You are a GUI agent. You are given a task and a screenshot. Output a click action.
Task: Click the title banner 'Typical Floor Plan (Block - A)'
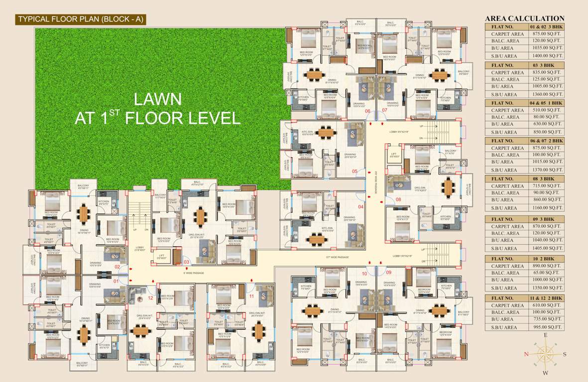[x=82, y=19]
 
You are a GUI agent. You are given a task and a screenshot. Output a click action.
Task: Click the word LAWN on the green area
[x=157, y=99]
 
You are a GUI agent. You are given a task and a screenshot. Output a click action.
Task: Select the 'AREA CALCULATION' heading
[x=525, y=19]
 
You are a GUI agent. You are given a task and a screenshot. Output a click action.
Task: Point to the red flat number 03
[x=186, y=262]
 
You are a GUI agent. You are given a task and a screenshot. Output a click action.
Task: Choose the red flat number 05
[x=354, y=171]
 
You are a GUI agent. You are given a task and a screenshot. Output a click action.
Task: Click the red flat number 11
[x=251, y=296]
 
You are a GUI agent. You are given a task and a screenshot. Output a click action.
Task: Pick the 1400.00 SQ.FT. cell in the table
[x=546, y=56]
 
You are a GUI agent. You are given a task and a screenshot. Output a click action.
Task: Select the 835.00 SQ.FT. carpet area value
[x=546, y=72]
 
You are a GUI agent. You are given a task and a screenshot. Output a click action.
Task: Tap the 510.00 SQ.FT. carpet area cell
[x=546, y=110]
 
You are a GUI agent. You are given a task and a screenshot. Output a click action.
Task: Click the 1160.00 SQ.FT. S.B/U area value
[x=546, y=207]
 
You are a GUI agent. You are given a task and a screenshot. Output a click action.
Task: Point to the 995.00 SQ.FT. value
[x=546, y=327]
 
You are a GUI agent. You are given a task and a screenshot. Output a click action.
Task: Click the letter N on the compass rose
[x=526, y=354]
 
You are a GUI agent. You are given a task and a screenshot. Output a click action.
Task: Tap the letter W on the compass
[x=546, y=373]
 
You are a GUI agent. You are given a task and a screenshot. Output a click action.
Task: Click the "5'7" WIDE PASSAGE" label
[x=337, y=257]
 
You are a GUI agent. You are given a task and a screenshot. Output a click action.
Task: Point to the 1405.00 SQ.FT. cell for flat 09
[x=546, y=248]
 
